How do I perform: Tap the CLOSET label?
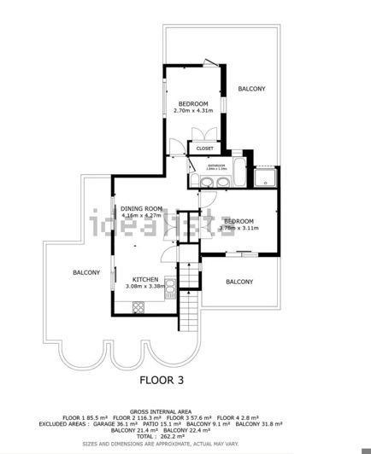(204, 148)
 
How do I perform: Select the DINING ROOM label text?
(141, 208)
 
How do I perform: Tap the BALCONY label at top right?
(251, 89)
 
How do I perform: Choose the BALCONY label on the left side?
(85, 272)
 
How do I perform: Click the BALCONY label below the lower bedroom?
(239, 282)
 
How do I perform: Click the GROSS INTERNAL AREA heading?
(185, 409)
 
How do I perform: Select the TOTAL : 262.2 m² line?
(185, 435)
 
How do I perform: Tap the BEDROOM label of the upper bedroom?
(193, 103)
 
